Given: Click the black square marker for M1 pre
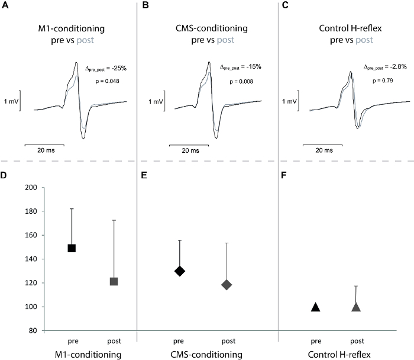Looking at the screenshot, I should (x=72, y=248).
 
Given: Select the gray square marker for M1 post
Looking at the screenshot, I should (x=114, y=281).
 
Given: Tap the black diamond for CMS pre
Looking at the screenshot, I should (x=180, y=271).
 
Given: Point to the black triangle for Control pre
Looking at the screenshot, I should (x=316, y=307).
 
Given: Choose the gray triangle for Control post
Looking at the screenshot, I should (x=357, y=307).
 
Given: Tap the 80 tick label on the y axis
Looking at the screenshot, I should (x=31, y=330).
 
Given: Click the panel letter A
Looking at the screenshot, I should (x=5, y=5).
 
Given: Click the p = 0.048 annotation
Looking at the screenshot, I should (x=108, y=81).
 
